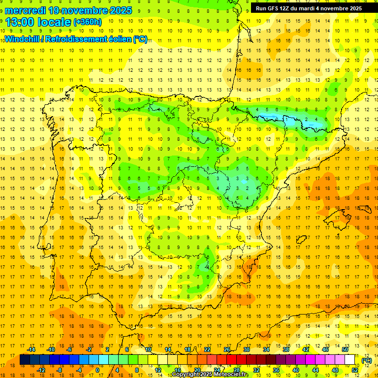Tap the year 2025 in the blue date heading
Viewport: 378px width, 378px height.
coord(126,10)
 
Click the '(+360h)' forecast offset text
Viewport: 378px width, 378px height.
coord(87,22)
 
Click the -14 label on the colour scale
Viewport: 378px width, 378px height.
coord(31,349)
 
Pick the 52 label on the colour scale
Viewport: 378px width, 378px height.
coord(355,370)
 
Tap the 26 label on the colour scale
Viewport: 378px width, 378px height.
coord(227,349)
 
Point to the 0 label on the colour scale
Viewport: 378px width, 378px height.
coord(97,370)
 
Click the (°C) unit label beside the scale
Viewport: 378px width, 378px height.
coord(367,360)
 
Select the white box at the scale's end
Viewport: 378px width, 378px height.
coord(350,360)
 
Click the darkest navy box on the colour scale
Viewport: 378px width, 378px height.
coord(25,360)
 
